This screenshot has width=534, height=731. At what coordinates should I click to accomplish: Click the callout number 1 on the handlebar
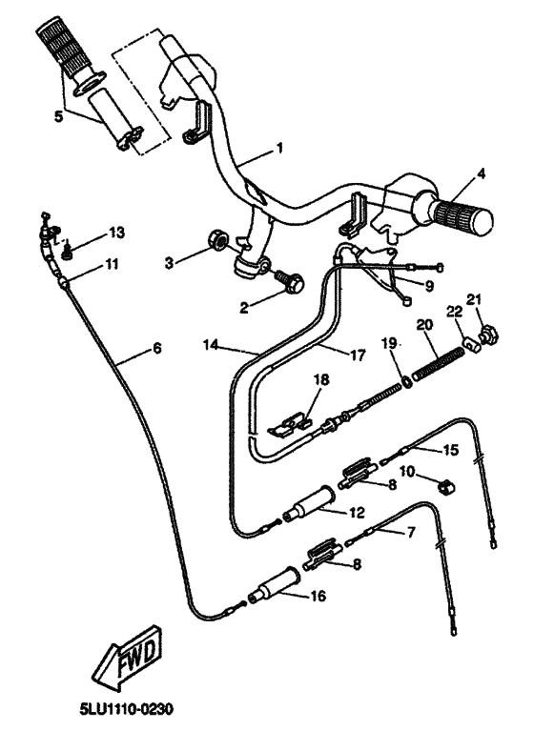(280, 148)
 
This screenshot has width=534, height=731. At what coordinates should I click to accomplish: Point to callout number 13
(116, 233)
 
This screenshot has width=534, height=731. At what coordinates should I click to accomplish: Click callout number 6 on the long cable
(156, 349)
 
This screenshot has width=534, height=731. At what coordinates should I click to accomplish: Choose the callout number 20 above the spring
(424, 326)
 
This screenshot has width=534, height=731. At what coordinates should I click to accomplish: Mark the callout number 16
(317, 598)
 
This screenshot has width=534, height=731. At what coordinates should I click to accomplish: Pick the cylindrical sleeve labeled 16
(273, 583)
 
